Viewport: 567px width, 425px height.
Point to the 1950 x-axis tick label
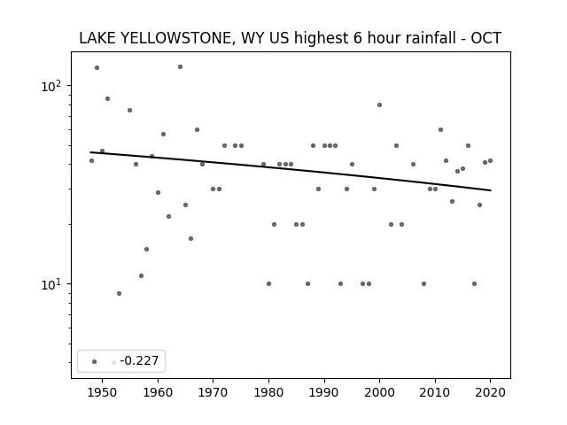103,392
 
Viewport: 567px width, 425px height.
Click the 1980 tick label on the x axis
268,392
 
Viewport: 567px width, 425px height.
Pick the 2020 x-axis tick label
490,392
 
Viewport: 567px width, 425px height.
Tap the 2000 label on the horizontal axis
379,392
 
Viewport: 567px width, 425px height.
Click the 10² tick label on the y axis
52,87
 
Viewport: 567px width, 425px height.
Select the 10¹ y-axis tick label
52,284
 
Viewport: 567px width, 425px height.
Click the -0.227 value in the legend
139,360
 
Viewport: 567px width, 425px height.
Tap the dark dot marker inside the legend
95,361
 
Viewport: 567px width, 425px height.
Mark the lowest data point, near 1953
119,293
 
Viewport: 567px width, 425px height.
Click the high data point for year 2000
379,104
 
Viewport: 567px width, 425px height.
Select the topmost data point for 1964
180,67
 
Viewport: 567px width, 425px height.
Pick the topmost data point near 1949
97,67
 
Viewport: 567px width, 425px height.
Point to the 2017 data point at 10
474,283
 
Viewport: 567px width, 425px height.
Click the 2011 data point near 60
440,129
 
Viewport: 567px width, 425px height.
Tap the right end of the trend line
491,190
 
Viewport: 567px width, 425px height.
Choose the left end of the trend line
90,152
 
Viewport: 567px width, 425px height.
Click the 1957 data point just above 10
141,275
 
